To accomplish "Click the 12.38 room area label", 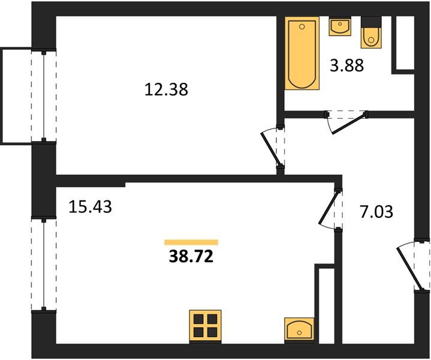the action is pyautogui.click(x=166, y=89).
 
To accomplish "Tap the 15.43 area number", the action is pyautogui.click(x=90, y=206).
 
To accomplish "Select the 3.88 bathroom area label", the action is pyautogui.click(x=346, y=65).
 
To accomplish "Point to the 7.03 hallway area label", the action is pyautogui.click(x=376, y=212).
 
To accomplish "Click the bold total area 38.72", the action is pyautogui.click(x=191, y=257).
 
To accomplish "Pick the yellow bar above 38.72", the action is pyautogui.click(x=191, y=242).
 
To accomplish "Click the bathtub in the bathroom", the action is pyautogui.click(x=302, y=53).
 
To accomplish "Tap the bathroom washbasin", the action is pyautogui.click(x=340, y=26).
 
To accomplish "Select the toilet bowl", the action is pyautogui.click(x=371, y=37).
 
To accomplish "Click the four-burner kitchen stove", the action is pyautogui.click(x=206, y=326).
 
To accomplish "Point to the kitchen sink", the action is pyautogui.click(x=299, y=330).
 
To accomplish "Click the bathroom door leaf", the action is pyautogui.click(x=349, y=123).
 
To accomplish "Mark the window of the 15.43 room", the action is pyautogui.click(x=43, y=265).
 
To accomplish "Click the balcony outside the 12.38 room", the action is pyautogui.click(x=17, y=96).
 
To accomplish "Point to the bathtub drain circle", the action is pyautogui.click(x=302, y=26).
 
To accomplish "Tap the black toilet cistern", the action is pyautogui.click(x=371, y=22).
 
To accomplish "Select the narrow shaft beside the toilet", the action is pyautogui.click(x=405, y=43).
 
